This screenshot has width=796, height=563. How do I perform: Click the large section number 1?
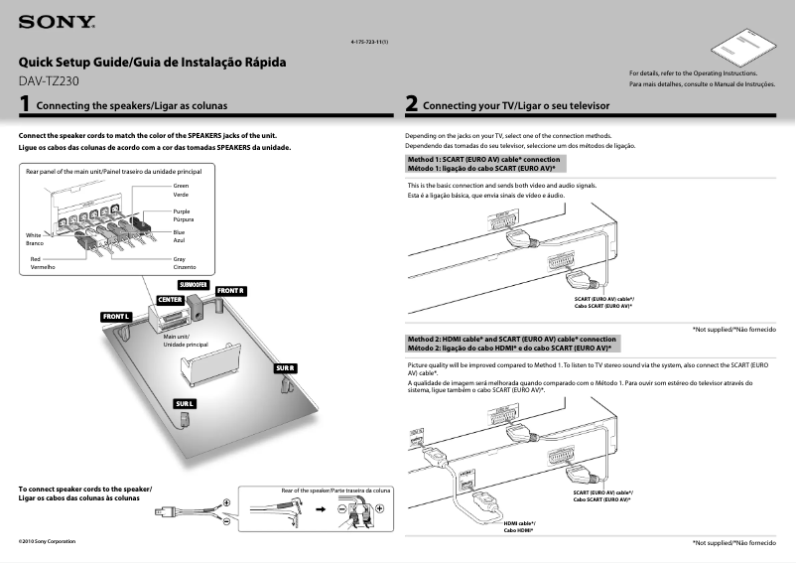(25, 103)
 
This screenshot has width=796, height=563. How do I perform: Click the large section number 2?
(411, 103)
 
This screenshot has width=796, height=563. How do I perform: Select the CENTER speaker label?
(170, 299)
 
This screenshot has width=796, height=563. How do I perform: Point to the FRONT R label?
(230, 290)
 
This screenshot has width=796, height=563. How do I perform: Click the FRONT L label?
(116, 316)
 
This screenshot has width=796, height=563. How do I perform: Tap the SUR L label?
(184, 404)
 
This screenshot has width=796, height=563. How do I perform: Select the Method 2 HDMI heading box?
(513, 344)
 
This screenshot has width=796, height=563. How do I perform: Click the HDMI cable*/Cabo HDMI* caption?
(518, 526)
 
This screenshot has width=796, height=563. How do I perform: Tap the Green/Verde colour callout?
(181, 190)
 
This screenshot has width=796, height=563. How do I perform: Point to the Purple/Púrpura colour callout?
(182, 214)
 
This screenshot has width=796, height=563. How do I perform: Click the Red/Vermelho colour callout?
(42, 263)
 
